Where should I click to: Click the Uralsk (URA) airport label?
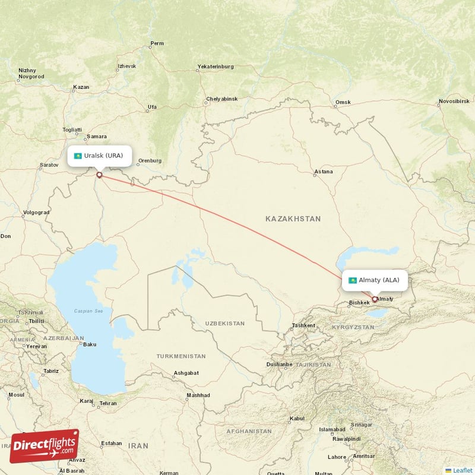pos(99,156)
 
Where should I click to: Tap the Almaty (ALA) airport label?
pos(375,280)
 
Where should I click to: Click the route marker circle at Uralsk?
pos(99,175)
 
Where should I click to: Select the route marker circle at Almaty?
pos(375,299)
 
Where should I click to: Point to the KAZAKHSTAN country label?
pos(293,219)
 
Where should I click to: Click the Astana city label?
pos(324,172)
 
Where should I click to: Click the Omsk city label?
pos(343,102)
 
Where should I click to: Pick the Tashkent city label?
pos(303,325)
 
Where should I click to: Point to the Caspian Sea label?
pos(88,311)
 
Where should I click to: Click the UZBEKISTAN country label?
pos(224,324)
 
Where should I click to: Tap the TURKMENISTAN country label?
pos(181,356)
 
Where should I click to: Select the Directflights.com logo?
pos(45,445)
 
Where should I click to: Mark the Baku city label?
pos(90,344)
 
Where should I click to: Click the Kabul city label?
pos(297,419)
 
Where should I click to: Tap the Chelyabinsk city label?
pos(221,99)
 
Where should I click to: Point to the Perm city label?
pos(157,43)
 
